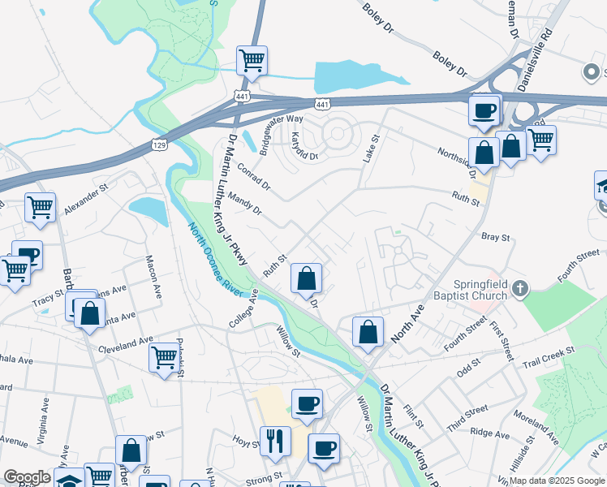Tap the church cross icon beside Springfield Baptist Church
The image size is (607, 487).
tap(520, 288)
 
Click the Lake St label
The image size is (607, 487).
tap(371, 149)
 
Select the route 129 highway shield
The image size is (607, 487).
tap(160, 144)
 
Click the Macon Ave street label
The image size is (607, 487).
tap(152, 269)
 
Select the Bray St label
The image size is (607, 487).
tap(495, 239)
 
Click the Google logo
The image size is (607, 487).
tap(27, 477)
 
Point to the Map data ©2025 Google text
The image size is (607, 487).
tap(557, 481)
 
